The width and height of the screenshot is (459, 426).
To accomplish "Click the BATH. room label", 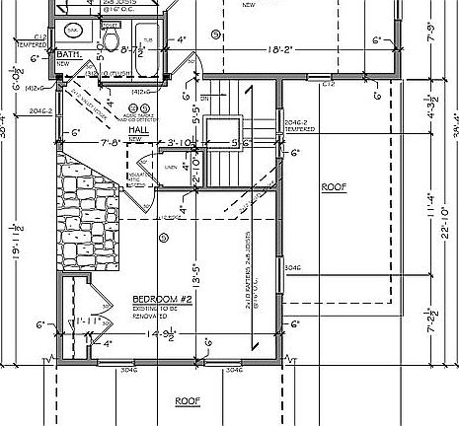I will [69, 55].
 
